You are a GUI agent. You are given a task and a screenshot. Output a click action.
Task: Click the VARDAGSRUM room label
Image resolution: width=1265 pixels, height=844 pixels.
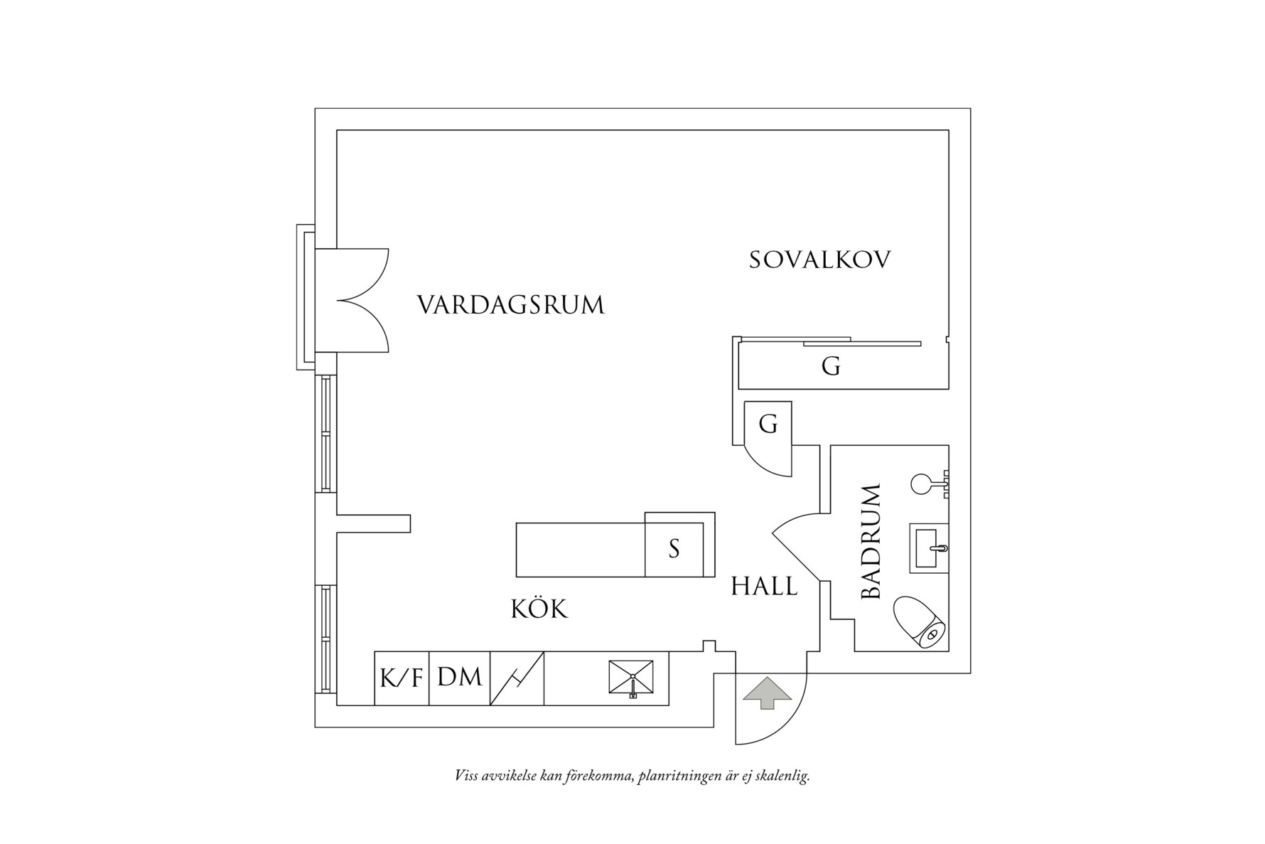(x=510, y=305)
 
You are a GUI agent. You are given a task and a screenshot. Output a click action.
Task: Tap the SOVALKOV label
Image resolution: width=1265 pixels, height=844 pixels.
(x=819, y=260)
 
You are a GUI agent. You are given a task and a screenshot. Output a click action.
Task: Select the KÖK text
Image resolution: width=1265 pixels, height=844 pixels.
(x=539, y=609)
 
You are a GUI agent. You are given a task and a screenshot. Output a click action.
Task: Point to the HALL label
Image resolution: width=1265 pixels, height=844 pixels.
(x=764, y=587)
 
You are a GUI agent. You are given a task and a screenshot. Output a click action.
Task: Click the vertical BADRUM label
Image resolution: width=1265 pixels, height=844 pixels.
(x=871, y=542)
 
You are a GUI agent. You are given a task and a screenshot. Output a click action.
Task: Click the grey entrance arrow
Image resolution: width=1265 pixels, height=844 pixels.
(x=767, y=693)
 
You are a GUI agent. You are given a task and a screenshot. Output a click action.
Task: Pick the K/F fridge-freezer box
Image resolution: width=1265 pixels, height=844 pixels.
(x=402, y=678)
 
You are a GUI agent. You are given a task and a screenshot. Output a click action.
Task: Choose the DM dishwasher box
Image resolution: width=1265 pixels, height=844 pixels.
(x=459, y=677)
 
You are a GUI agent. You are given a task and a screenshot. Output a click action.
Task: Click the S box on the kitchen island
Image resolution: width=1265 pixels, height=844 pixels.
(x=674, y=549)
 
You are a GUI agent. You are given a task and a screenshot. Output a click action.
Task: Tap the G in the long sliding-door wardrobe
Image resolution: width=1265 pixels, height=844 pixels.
(x=831, y=367)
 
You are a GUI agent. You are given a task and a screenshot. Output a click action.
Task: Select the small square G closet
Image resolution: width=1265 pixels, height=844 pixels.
(x=768, y=424)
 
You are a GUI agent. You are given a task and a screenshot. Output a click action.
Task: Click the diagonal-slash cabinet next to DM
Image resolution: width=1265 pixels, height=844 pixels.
(x=517, y=678)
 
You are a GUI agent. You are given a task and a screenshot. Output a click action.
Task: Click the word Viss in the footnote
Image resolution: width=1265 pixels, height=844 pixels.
(x=465, y=776)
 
